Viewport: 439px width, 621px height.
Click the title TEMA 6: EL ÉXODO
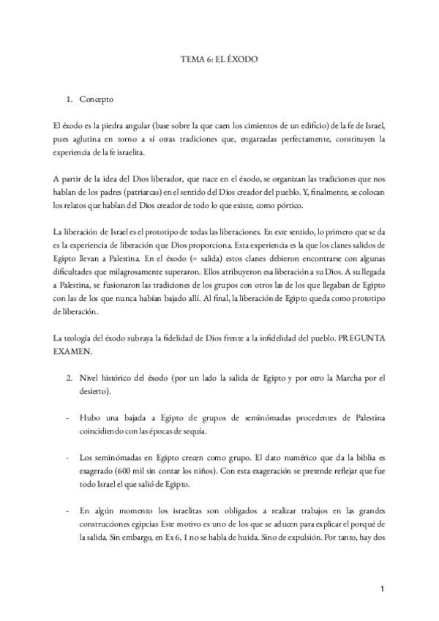pyautogui.click(x=219, y=56)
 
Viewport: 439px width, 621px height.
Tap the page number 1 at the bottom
pyautogui.click(x=382, y=588)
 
